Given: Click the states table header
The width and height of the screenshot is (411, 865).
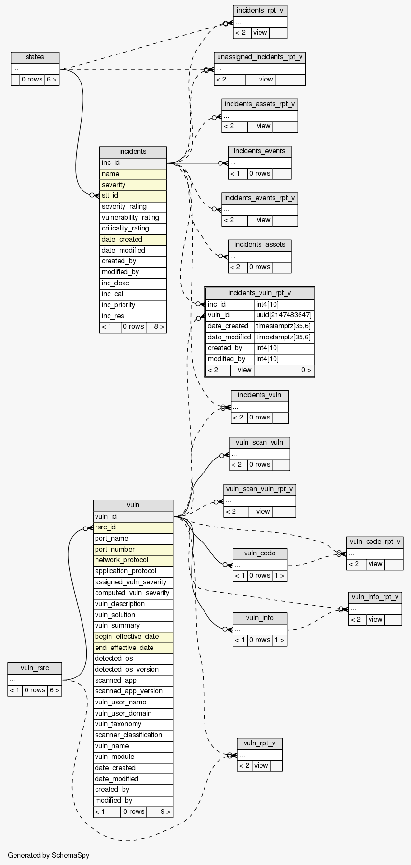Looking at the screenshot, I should click(x=35, y=57).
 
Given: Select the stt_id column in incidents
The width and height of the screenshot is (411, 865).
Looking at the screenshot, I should click(x=133, y=196).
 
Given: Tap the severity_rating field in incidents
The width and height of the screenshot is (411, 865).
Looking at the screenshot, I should click(x=133, y=207).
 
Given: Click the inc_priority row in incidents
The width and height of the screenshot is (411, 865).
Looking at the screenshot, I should click(x=133, y=305).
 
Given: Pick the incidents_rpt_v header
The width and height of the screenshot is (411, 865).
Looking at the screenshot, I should click(x=260, y=11).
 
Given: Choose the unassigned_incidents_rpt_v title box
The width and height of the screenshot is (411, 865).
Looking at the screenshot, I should click(x=260, y=57).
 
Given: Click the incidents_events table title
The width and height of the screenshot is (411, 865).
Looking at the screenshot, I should click(x=260, y=151).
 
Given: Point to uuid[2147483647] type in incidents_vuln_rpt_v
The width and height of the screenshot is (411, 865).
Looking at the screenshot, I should click(x=284, y=315).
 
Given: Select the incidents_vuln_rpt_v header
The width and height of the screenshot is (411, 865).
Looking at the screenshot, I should click(x=260, y=293).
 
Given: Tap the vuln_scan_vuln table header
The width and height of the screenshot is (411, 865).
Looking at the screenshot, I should click(x=260, y=442).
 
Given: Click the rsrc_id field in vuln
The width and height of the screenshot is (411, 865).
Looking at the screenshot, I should click(x=133, y=527).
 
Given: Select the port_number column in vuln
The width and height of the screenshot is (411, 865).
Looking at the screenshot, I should click(x=133, y=550).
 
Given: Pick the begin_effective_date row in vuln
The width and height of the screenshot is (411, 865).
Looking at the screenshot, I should click(x=133, y=637).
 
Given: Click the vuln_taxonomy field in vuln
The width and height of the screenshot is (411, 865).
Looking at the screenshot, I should click(x=133, y=724).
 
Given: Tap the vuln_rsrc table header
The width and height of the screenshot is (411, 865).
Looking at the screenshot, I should click(x=35, y=668).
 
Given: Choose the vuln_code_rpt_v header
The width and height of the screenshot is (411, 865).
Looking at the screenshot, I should click(x=375, y=541).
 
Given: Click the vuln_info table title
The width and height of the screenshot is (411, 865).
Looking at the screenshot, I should click(x=260, y=618).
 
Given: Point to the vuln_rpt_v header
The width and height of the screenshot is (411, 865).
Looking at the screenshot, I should click(x=260, y=743).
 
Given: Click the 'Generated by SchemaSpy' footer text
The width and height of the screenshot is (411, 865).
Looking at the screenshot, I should click(x=49, y=855).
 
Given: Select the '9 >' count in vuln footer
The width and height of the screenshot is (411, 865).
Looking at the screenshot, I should click(x=160, y=812).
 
